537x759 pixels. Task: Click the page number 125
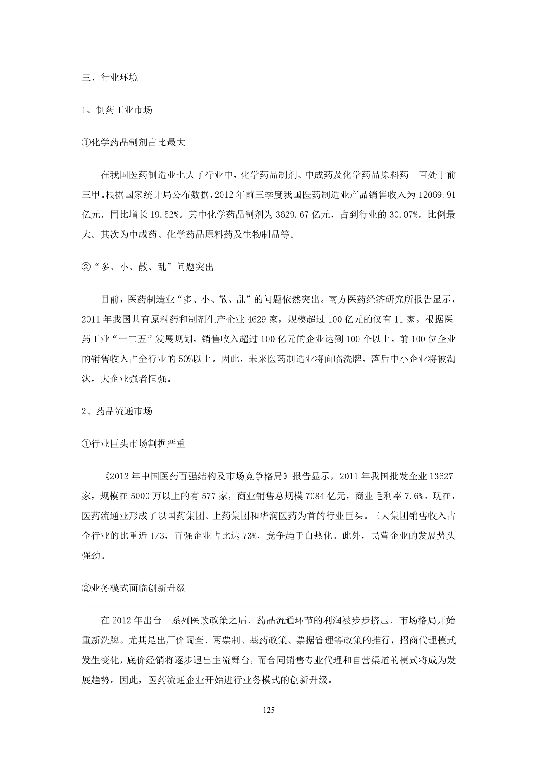[x=268, y=711]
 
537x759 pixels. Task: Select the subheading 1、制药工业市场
[x=117, y=110]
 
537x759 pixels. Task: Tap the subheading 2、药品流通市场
[x=117, y=411]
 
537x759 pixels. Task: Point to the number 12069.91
[x=437, y=195]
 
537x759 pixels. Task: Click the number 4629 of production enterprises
[x=257, y=319]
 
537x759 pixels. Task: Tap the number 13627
[x=441, y=476]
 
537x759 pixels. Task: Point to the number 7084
[x=317, y=496]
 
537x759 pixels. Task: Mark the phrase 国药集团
[x=187, y=516]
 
